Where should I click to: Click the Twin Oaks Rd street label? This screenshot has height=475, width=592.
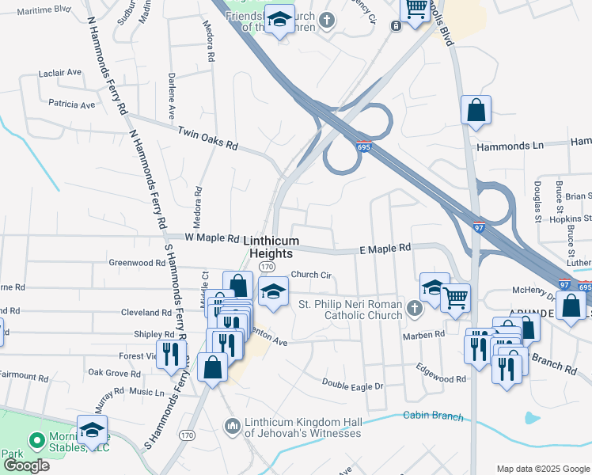(207, 139)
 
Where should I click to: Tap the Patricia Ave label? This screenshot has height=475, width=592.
(71, 104)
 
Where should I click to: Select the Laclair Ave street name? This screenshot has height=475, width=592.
(60, 73)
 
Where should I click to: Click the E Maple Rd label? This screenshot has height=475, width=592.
(385, 248)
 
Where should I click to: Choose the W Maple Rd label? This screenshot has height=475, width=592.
(212, 237)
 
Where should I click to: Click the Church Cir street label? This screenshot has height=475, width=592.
(310, 275)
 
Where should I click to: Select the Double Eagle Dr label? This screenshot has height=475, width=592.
(352, 384)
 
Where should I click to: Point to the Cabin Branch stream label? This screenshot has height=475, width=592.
(431, 415)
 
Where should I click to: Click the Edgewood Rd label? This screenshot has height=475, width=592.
(441, 374)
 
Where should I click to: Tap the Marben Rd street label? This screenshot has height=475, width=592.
(424, 335)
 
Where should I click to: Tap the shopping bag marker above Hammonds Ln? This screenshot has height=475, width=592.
(476, 111)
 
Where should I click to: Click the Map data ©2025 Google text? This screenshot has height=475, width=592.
(541, 469)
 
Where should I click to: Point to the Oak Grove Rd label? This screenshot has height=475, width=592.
(114, 372)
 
